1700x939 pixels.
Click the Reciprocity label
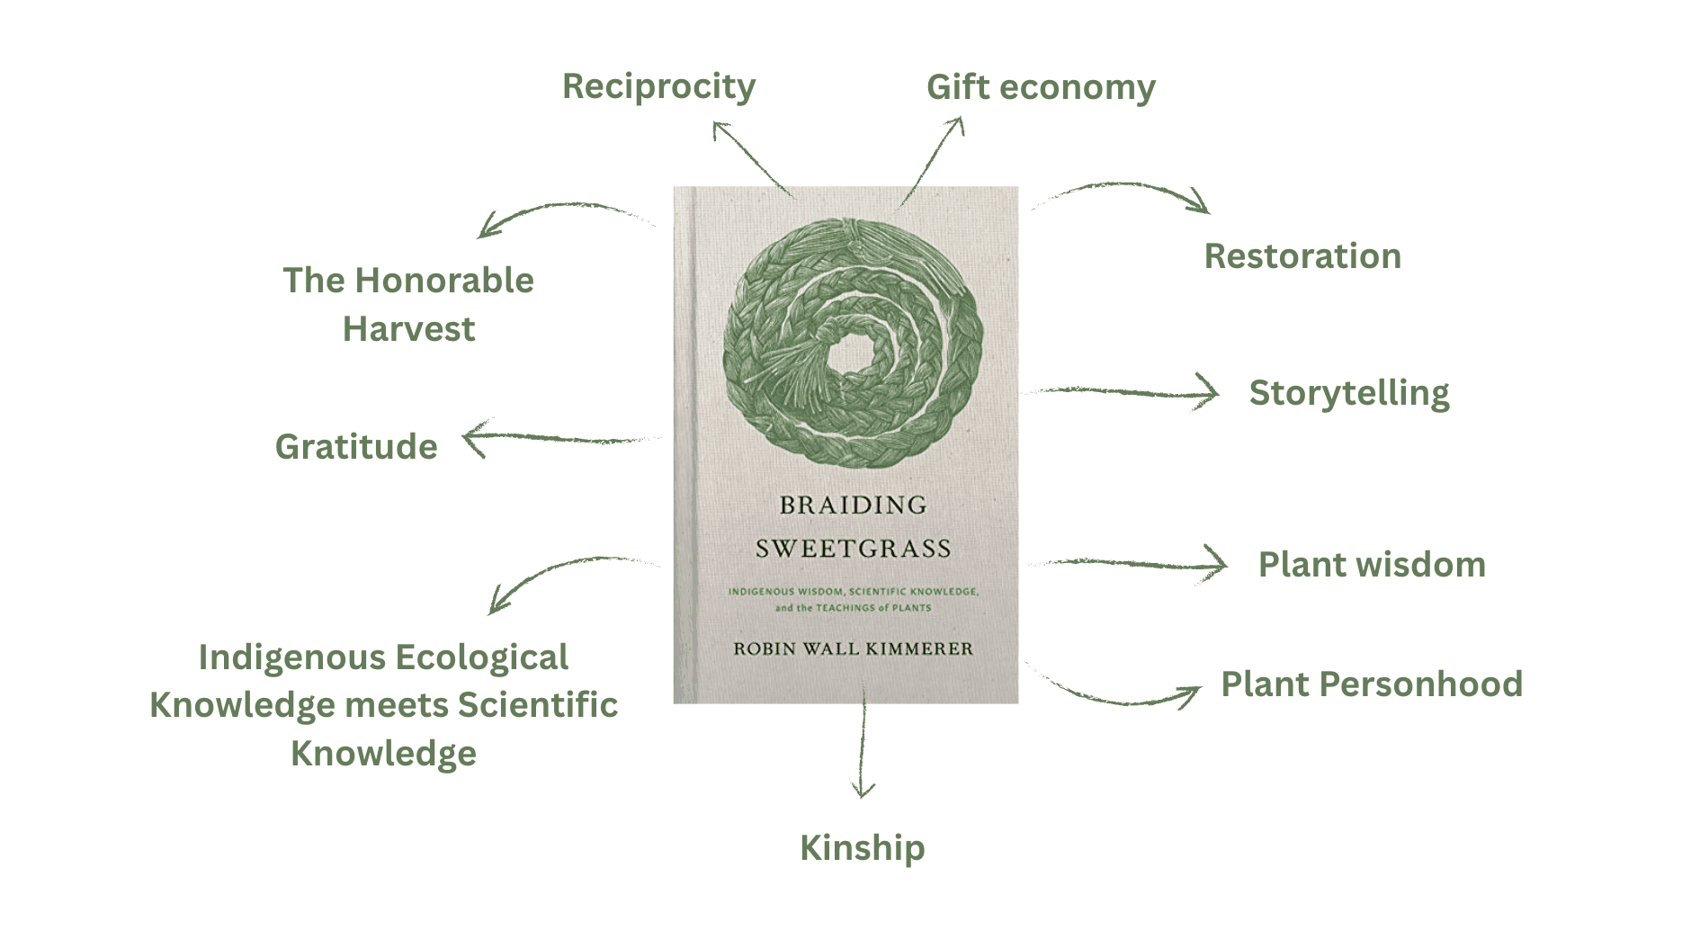pos(658,86)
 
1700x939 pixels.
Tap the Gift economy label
pos(1041,87)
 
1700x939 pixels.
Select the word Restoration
pos(1302,256)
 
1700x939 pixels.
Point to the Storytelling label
pos(1349,393)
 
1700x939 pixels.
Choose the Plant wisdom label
pos(1372,565)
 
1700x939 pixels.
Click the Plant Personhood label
pos(1372,684)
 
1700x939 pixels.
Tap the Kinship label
pos(862,847)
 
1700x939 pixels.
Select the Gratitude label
pos(356,447)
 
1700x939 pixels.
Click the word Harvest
pos(408,329)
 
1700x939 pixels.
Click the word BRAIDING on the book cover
pos(853,505)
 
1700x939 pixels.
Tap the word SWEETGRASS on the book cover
pos(853,549)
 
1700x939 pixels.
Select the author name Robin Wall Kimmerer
pos(853,648)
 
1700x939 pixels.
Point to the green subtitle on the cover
pos(853,599)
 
